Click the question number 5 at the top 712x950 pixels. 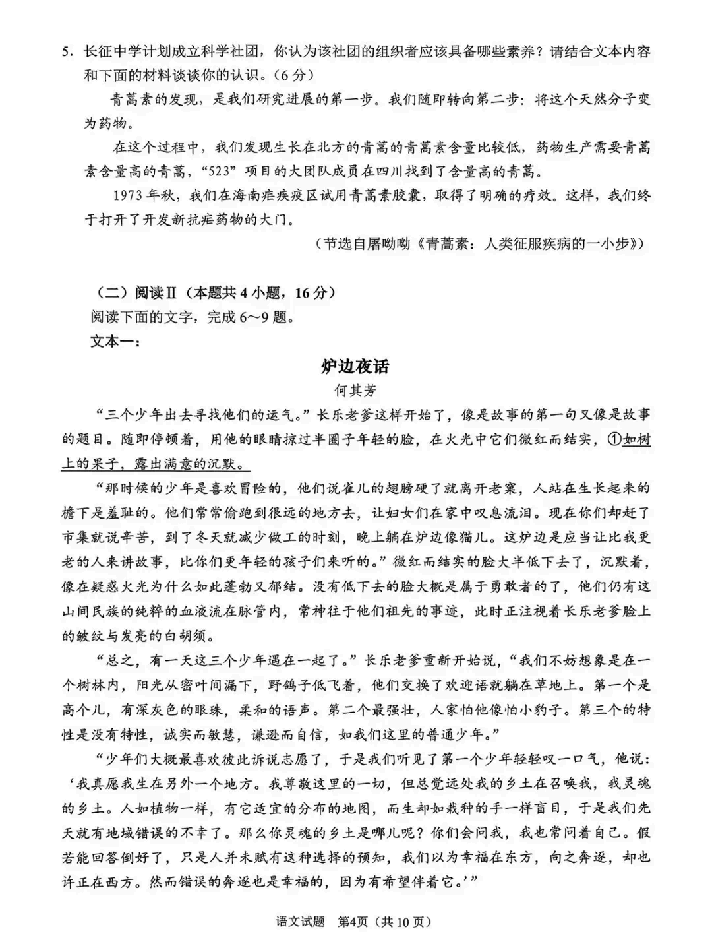(65, 52)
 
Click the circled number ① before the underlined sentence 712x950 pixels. (614, 439)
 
